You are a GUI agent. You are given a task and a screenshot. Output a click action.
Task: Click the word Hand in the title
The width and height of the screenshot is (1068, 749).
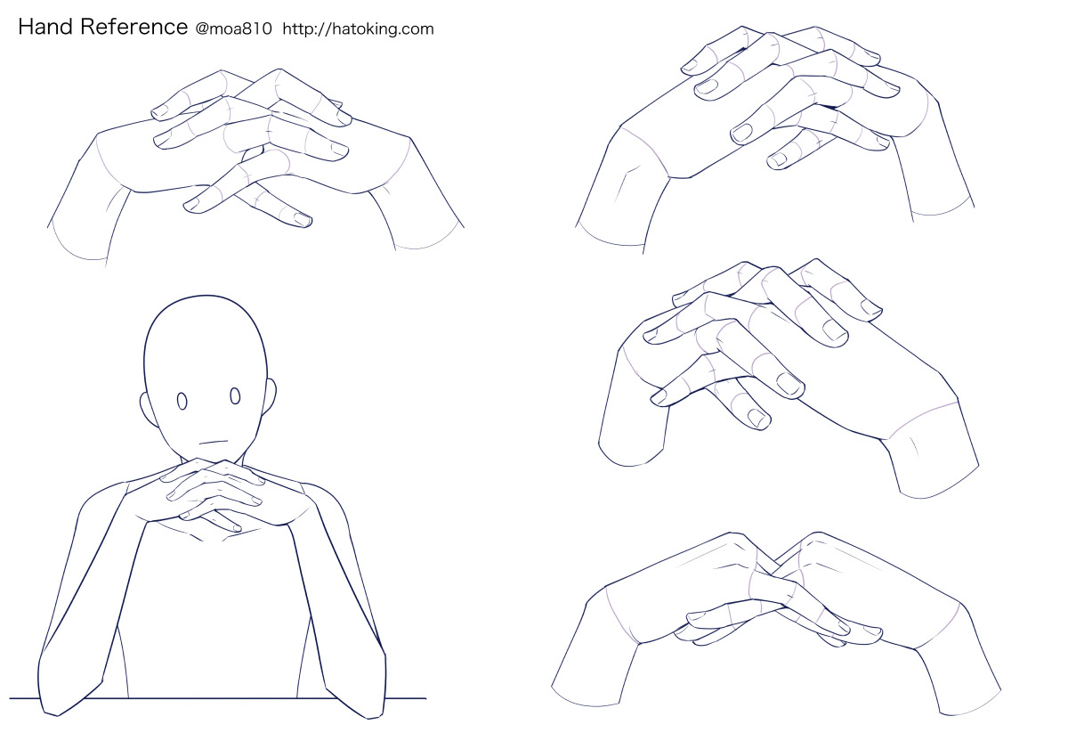[x=45, y=27]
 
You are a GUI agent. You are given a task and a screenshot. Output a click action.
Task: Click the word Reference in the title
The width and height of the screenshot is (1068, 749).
[x=134, y=27]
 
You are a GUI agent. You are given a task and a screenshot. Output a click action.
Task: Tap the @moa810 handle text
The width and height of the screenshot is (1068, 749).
[x=233, y=29]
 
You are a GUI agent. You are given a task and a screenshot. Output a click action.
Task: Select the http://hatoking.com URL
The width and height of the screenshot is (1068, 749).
[x=358, y=29]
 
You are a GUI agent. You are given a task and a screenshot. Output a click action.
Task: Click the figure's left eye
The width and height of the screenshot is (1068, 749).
[x=182, y=401]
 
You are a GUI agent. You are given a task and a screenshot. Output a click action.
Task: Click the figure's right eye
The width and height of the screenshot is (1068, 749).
[x=235, y=396]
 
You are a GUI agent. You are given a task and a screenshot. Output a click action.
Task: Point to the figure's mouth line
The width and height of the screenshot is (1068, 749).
[x=213, y=442]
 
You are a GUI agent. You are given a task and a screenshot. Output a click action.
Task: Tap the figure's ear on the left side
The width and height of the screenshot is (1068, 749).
[x=149, y=410]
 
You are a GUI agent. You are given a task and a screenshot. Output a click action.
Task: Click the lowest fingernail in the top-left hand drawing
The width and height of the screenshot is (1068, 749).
[x=302, y=219]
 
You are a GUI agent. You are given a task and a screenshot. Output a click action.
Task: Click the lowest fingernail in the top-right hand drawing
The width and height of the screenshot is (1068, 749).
[x=779, y=159]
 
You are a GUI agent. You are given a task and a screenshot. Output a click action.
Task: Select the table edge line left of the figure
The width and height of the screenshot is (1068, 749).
[x=24, y=699]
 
